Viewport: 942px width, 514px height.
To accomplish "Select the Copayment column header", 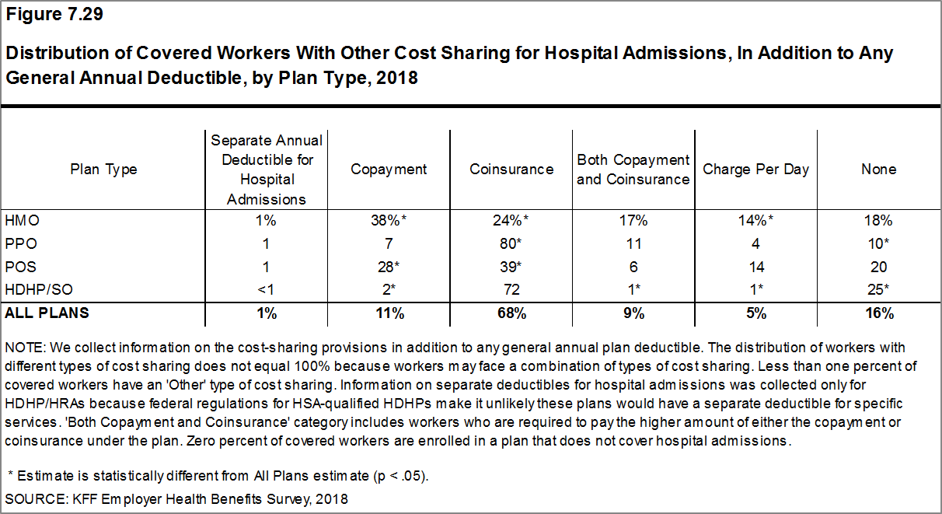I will point(389,170).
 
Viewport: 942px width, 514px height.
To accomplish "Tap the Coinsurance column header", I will point(511,170).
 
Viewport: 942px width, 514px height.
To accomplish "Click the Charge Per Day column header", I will point(755,170).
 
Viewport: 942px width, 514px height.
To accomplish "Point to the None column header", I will point(878,170).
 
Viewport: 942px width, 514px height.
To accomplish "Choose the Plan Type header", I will point(103,170).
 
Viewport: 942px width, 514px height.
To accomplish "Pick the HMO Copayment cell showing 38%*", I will point(389,220).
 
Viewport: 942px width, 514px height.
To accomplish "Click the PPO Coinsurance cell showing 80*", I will point(511,243).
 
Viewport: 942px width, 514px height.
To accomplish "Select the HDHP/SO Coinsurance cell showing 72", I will point(511,290).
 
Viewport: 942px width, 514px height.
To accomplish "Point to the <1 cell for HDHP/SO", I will point(267,290).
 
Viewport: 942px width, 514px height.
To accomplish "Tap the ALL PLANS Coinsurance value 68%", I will point(511,313).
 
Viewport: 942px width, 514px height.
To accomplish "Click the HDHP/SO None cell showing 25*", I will point(878,290).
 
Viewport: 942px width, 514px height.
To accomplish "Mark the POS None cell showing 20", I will point(878,267).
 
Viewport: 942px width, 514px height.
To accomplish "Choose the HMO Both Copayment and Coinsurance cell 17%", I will point(633,220).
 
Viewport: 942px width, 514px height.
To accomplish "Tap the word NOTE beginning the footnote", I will point(23,348).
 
